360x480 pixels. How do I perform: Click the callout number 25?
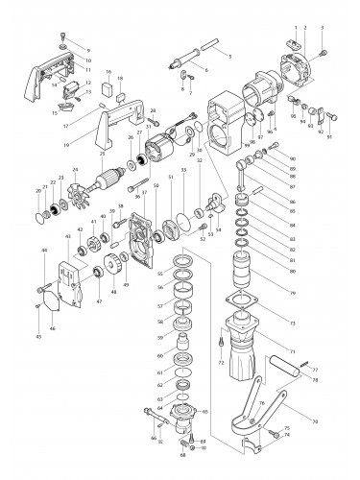click(x=103, y=154)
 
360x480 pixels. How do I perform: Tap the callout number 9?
click(x=89, y=48)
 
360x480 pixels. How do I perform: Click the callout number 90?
click(x=292, y=157)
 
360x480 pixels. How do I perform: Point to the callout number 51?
click(x=171, y=177)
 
